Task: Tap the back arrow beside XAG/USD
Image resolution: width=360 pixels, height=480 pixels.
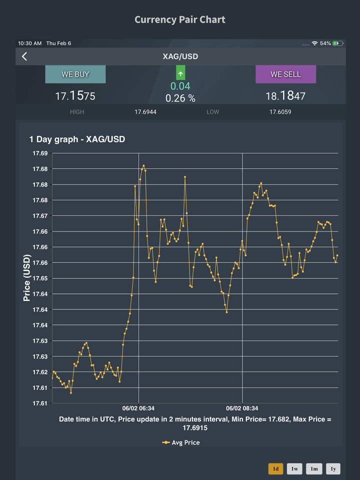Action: coord(24,56)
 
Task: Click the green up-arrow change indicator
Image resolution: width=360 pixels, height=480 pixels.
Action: coord(180,73)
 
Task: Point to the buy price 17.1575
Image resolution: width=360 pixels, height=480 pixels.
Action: coord(75,95)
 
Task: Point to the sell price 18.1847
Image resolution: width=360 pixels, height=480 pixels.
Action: coord(285,95)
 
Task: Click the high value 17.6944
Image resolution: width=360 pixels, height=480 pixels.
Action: coord(145,112)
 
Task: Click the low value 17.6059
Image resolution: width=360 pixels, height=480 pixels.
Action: coord(280,112)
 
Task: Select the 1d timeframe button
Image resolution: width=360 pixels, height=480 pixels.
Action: coord(275,468)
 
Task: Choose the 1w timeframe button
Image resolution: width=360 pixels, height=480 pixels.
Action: coord(294,468)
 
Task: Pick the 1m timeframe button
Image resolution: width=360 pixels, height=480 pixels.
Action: coord(313,468)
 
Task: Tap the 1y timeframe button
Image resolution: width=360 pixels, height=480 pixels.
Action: coord(333,468)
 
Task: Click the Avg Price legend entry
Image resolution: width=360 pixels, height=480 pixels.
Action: coord(181,442)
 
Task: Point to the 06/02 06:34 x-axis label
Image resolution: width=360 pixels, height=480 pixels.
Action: coord(138,408)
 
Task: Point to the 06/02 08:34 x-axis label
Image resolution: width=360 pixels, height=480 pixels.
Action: coord(242,408)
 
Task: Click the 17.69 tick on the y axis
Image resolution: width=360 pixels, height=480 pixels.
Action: coord(40,153)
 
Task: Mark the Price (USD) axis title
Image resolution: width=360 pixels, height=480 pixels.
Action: coord(27,277)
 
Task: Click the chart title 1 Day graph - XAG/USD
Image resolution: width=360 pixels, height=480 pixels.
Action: coord(77,139)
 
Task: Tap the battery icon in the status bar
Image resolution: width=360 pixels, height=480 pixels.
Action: coord(338,43)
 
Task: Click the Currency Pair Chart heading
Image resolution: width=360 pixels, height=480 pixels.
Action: coord(180,19)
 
